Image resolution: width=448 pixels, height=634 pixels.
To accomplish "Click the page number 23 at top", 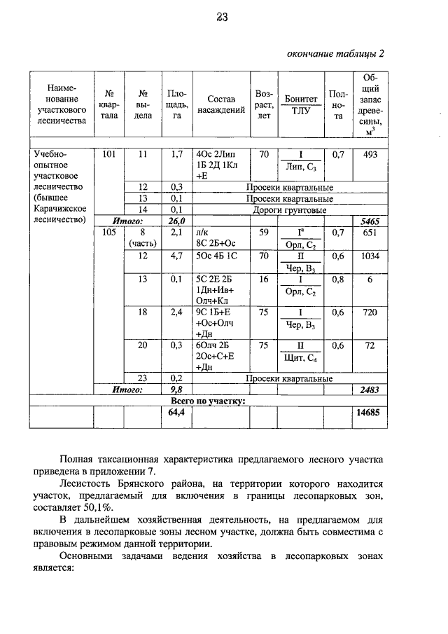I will (223, 19).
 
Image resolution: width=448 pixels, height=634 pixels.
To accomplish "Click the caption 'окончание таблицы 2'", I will (336, 54).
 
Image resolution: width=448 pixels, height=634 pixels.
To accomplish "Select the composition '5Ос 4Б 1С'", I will (218, 256).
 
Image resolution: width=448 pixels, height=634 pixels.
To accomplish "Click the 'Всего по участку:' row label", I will (208, 401).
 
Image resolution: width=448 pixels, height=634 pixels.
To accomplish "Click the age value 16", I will (264, 279).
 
